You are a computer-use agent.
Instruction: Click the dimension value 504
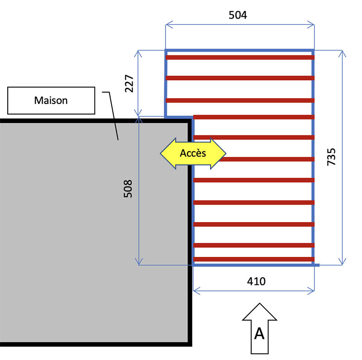[x=238, y=15]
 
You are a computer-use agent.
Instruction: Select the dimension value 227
[x=129, y=83]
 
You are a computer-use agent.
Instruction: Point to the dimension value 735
[x=331, y=156]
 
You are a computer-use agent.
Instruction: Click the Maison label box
[x=51, y=100]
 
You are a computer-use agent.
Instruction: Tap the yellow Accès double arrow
[x=193, y=153]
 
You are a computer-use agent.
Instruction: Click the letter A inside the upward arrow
[x=259, y=333]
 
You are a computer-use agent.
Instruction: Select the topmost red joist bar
[x=240, y=57]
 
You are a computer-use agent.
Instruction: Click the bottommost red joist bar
[x=253, y=259]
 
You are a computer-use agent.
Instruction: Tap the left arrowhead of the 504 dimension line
[x=168, y=24]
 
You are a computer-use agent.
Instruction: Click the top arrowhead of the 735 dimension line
[x=342, y=52]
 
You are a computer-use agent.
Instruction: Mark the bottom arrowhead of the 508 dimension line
[x=139, y=262]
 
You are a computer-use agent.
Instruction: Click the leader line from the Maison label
[x=113, y=116]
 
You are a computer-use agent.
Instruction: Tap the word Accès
[x=193, y=153]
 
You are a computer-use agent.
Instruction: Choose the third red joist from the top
[x=240, y=100]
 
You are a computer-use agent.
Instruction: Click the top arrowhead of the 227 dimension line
[x=139, y=53]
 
